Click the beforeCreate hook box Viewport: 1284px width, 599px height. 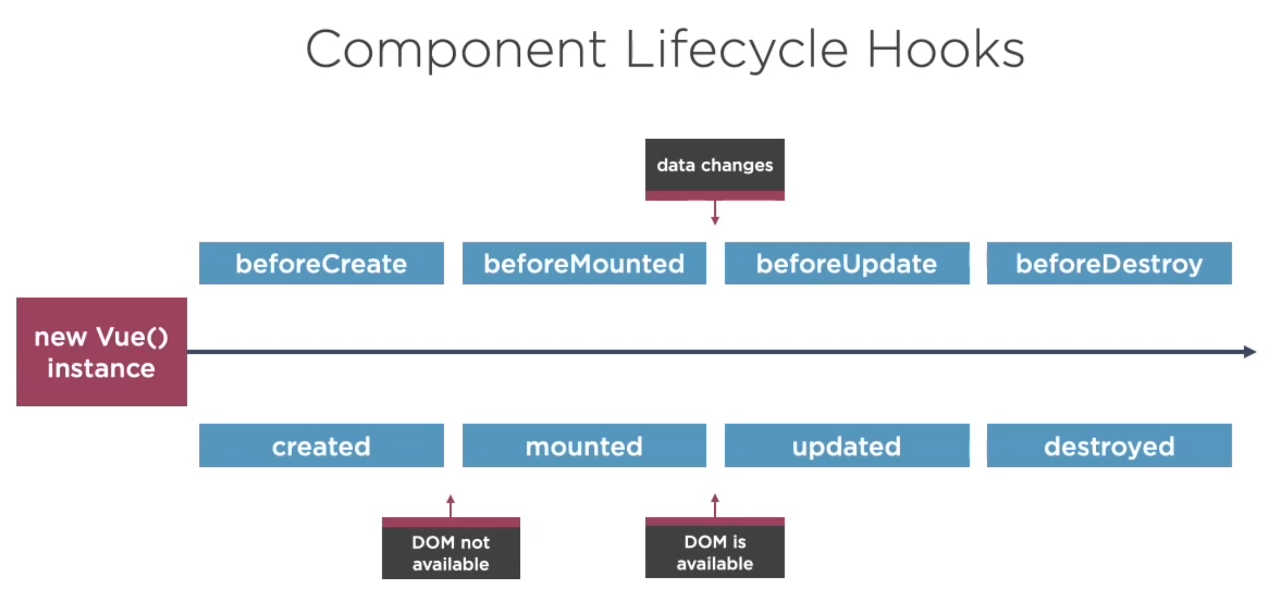(322, 263)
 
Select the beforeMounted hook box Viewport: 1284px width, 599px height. (584, 263)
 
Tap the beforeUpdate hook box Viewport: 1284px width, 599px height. (847, 263)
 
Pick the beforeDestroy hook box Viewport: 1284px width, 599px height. (1109, 263)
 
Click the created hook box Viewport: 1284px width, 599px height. (322, 446)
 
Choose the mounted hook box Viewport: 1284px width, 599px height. (584, 446)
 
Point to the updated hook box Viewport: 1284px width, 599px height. (847, 446)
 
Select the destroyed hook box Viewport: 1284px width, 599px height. (1109, 446)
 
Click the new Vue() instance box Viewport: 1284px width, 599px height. (102, 352)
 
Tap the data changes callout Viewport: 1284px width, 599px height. (715, 170)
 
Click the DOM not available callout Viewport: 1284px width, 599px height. (451, 548)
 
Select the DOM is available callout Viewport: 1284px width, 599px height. (715, 548)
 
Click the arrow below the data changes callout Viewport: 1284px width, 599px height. (715, 212)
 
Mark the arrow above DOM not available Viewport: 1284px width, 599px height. (451, 506)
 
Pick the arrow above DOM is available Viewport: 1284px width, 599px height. (715, 505)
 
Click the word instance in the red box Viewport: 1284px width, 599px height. (101, 368)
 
